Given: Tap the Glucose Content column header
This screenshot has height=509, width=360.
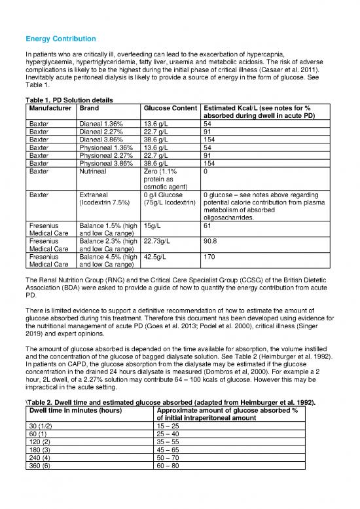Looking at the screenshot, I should (x=170, y=106).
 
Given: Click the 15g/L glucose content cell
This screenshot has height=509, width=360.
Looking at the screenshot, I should (x=153, y=225).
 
